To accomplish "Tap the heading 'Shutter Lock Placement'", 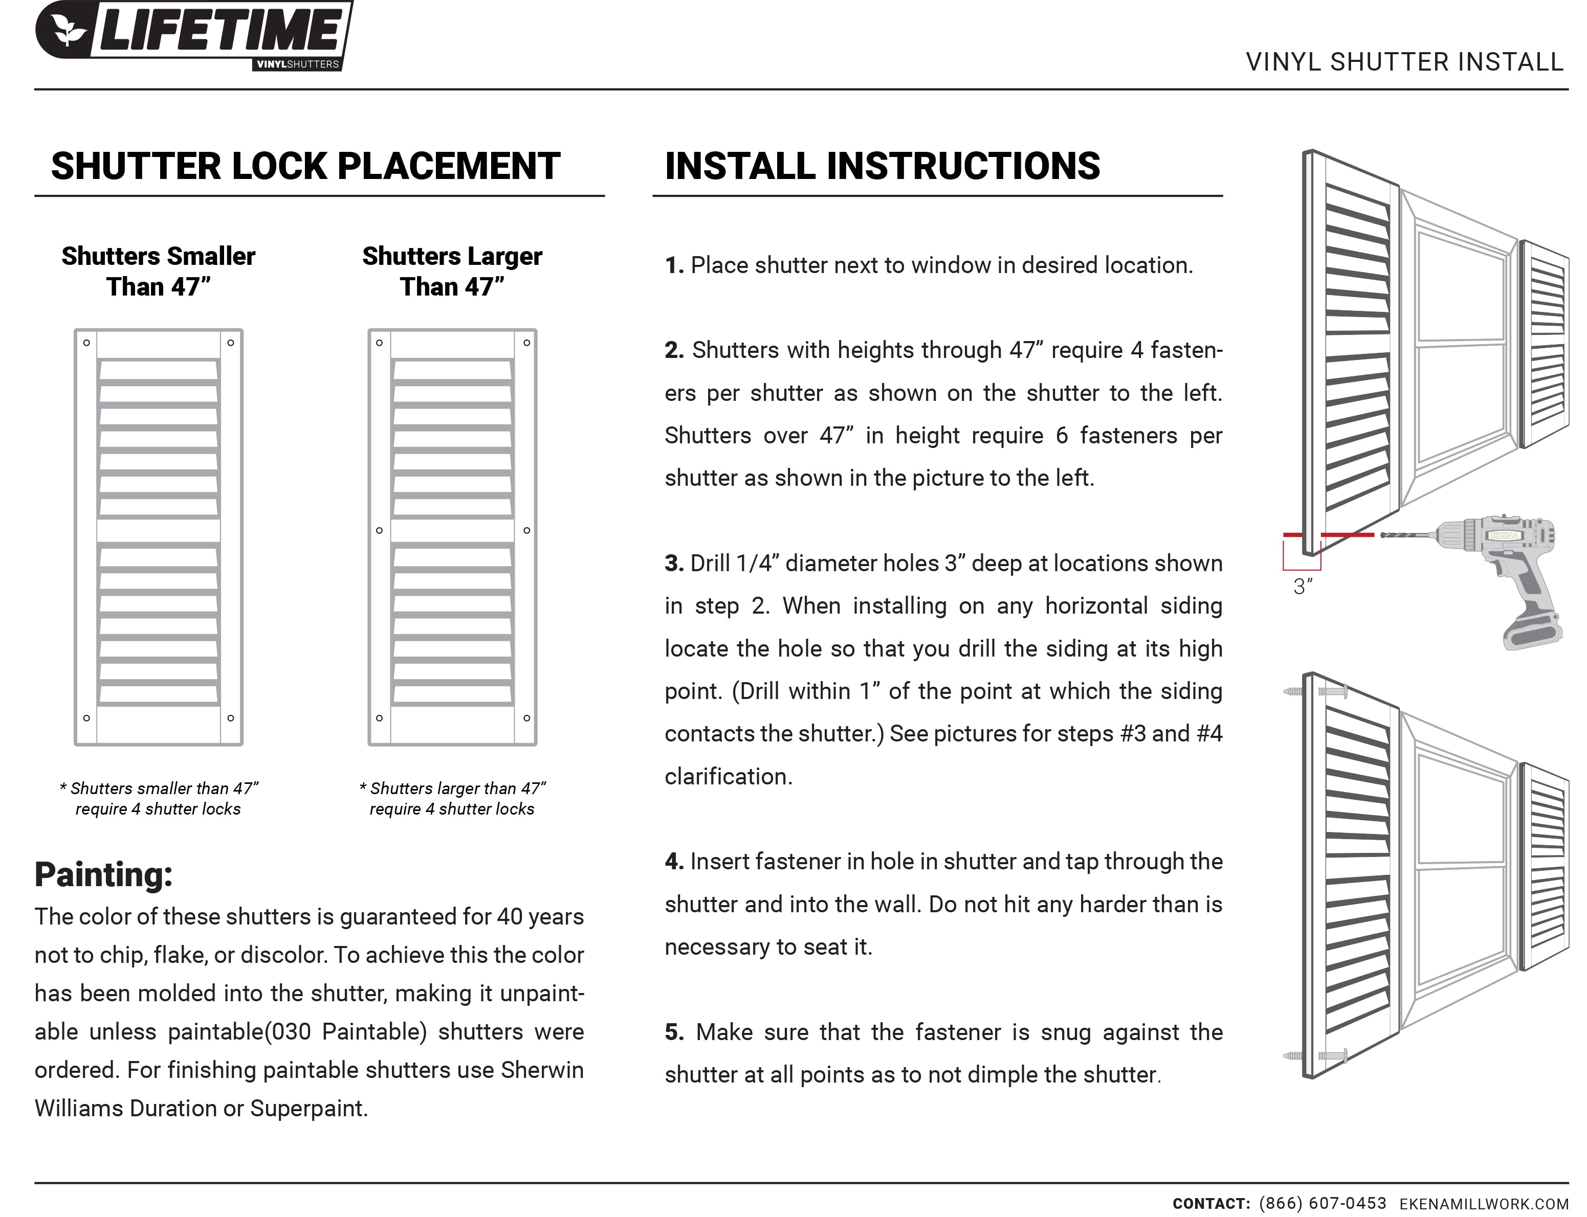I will pyautogui.click(x=305, y=166).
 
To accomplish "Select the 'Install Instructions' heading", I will pyautogui.click(x=882, y=166).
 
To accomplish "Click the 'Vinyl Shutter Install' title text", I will pyautogui.click(x=1404, y=62).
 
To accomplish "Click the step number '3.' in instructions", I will pyautogui.click(x=674, y=564).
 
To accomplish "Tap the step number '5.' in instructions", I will pyautogui.click(x=674, y=1032).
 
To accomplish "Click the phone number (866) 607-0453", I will pyautogui.click(x=1322, y=1203).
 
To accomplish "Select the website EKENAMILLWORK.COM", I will pyautogui.click(x=1483, y=1204).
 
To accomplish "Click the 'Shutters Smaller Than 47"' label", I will pyautogui.click(x=158, y=272).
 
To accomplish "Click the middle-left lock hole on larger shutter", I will pyautogui.click(x=379, y=531).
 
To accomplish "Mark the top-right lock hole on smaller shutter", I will pyautogui.click(x=230, y=343).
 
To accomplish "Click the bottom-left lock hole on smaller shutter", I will pyautogui.click(x=86, y=718).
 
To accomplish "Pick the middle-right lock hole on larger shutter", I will pyautogui.click(x=527, y=531).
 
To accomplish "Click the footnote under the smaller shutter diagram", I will pyautogui.click(x=158, y=798).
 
